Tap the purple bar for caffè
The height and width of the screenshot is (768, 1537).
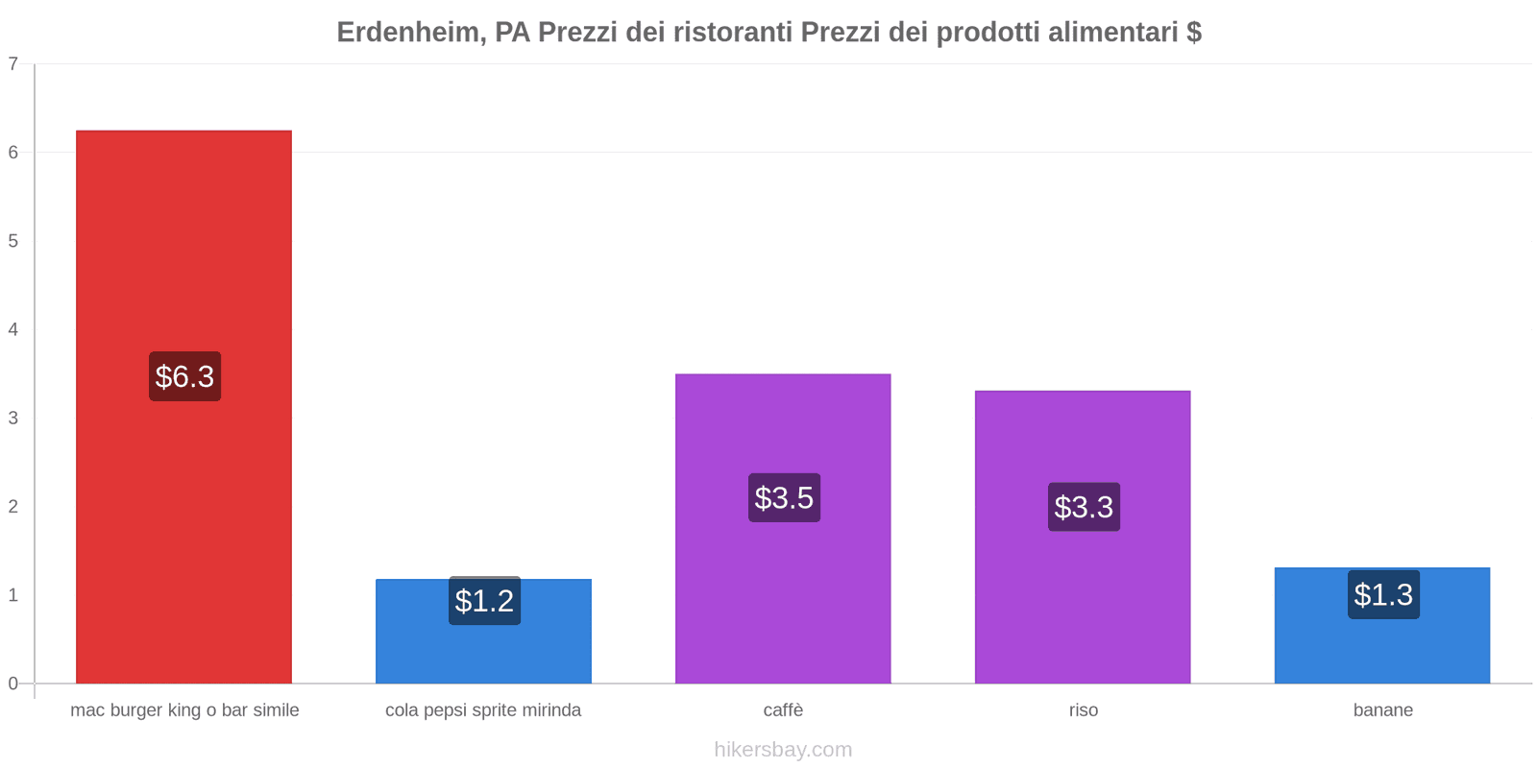tap(783, 595)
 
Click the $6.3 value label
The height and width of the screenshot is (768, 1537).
tap(184, 376)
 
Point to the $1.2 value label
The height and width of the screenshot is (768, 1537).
tap(484, 601)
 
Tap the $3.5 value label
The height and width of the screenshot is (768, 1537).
tap(784, 497)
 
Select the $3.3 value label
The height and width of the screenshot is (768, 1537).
tap(1084, 507)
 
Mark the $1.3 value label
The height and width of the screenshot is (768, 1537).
tap(1383, 595)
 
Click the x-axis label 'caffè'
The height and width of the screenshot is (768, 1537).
tap(783, 710)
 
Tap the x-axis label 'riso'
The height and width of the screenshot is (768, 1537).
tap(1083, 710)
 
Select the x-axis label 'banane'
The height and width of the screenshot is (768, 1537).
tap(1382, 710)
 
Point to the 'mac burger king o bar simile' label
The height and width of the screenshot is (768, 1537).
tap(184, 710)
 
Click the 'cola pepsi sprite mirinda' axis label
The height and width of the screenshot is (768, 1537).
tap(483, 710)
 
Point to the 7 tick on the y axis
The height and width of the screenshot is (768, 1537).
tap(13, 64)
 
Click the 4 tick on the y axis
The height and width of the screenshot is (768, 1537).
tap(13, 330)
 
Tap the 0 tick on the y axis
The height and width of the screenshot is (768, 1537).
tap(13, 684)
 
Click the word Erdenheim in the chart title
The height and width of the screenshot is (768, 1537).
tap(408, 33)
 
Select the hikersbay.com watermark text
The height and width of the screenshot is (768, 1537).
tap(783, 750)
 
